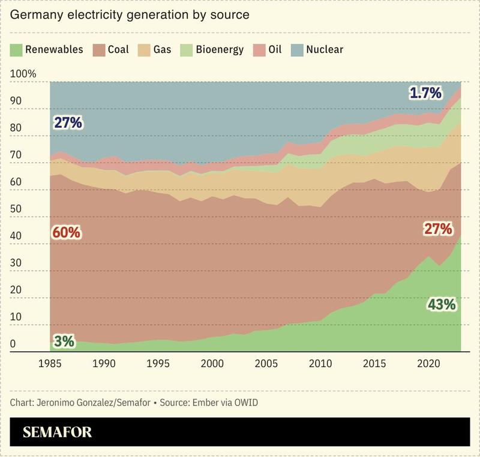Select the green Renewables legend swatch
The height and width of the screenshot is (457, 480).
pos(16,49)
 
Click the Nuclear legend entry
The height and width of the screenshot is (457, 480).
pos(323,49)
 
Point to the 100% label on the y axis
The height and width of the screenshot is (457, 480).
pos(23,74)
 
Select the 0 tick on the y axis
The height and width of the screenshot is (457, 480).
pos(14,344)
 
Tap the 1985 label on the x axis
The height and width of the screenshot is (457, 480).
pos(50,363)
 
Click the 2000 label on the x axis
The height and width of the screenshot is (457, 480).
pos(212,363)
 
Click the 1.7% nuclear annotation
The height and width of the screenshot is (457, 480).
pos(425,93)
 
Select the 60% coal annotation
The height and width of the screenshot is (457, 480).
pos(67,232)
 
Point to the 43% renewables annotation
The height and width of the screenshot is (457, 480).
pos(441,305)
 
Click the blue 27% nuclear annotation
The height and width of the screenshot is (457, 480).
pos(67,123)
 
